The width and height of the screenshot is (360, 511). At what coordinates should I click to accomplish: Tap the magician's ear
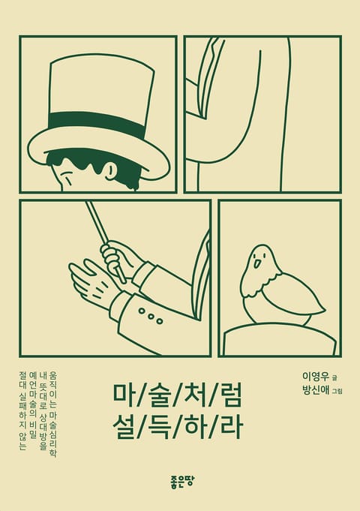click(112, 170)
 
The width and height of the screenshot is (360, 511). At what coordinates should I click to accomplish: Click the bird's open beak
click(257, 263)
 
